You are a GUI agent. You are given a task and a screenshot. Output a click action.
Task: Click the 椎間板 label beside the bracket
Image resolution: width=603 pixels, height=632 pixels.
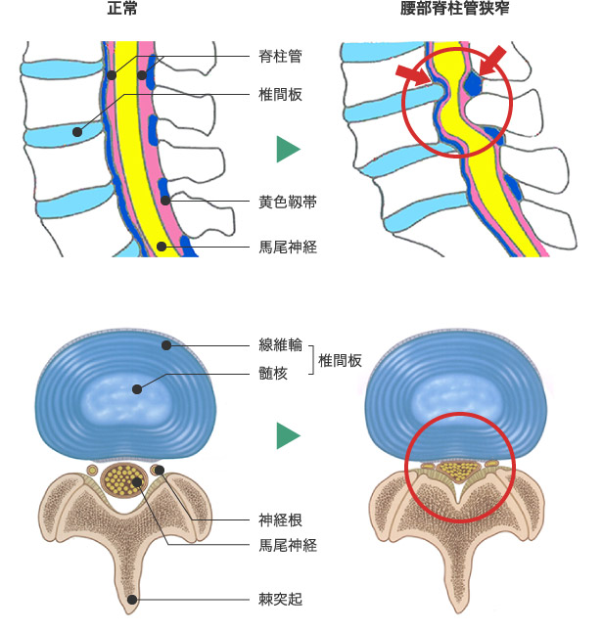click(340, 360)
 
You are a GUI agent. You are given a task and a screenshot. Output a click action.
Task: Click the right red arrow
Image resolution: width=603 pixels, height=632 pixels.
click(495, 60)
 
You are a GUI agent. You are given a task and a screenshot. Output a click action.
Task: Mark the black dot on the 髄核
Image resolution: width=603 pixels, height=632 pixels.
click(138, 389)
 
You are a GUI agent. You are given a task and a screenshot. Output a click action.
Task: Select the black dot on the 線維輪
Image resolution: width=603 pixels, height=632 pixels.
click(167, 345)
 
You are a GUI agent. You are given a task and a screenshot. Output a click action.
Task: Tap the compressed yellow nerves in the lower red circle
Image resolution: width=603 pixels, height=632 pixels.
click(453, 471)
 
